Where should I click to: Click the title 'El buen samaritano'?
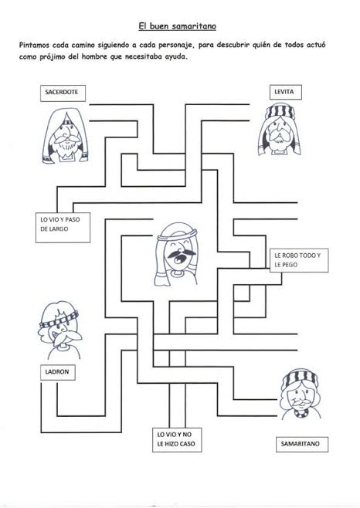[x=178, y=26]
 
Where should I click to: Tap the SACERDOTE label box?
[x=63, y=93]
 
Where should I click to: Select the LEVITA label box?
[x=286, y=92]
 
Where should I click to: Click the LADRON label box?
[x=58, y=372]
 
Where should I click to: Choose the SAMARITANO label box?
[x=302, y=444]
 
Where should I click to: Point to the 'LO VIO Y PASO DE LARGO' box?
[x=63, y=228]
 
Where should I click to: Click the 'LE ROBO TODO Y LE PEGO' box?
[x=299, y=260]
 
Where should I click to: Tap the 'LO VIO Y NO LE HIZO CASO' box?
[x=177, y=439]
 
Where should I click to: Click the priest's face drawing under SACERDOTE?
[x=66, y=136]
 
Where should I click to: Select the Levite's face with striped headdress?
[x=280, y=130]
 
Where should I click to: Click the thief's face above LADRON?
[x=60, y=330]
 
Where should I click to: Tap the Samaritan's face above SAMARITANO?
[x=301, y=394]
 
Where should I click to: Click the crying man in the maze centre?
[x=176, y=254]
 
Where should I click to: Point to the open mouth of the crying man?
[x=178, y=259]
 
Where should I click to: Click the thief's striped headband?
[x=59, y=320]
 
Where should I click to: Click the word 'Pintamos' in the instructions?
[x=33, y=45]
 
